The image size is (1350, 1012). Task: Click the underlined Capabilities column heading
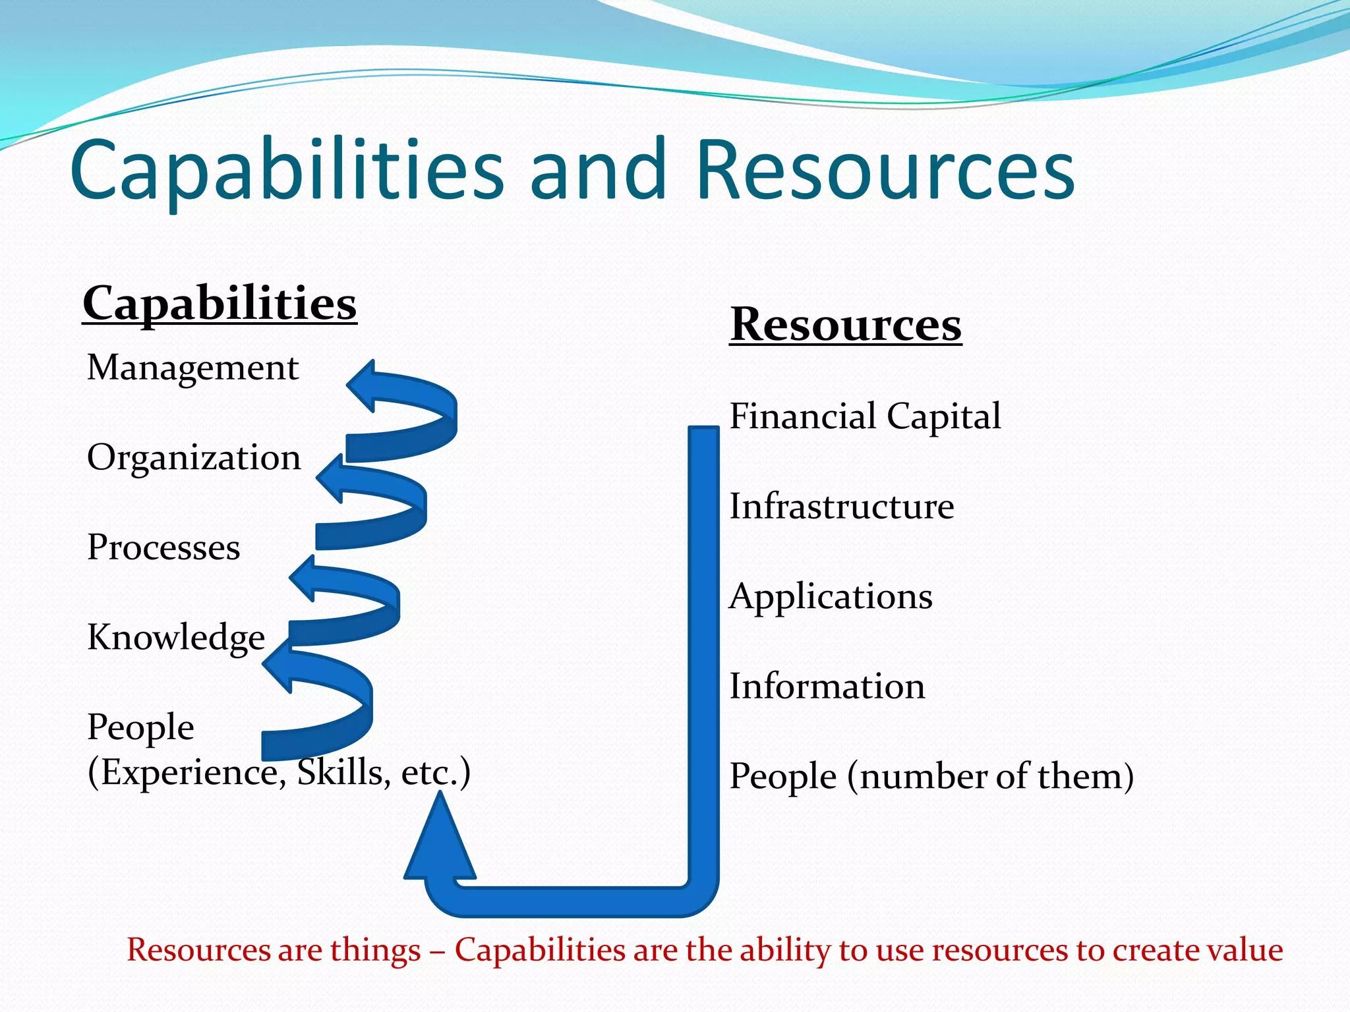[x=220, y=304]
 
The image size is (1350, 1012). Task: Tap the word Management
[x=192, y=368]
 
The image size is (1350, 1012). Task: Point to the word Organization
[x=194, y=457]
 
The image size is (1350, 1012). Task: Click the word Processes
[x=163, y=547]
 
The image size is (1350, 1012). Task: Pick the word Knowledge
[x=176, y=637]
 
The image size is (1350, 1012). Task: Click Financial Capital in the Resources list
[x=865, y=416]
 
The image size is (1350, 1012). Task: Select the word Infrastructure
[x=841, y=506]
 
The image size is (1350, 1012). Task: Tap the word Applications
[x=831, y=596]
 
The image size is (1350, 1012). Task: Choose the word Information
[x=827, y=686]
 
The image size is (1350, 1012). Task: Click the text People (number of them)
[x=931, y=776]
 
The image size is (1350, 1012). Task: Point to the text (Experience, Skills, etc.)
[x=279, y=772]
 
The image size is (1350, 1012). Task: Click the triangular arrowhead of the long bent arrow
[x=440, y=843]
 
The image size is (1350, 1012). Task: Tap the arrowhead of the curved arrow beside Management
[x=365, y=385]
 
